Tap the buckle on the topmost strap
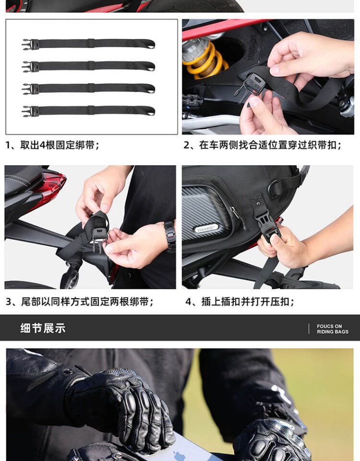30,44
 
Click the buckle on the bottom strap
30,111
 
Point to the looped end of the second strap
150,66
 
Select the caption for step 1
52,145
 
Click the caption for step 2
263,145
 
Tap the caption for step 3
79,302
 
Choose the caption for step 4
240,302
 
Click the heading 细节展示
43,328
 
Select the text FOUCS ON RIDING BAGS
332,329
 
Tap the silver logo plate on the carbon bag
207,227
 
